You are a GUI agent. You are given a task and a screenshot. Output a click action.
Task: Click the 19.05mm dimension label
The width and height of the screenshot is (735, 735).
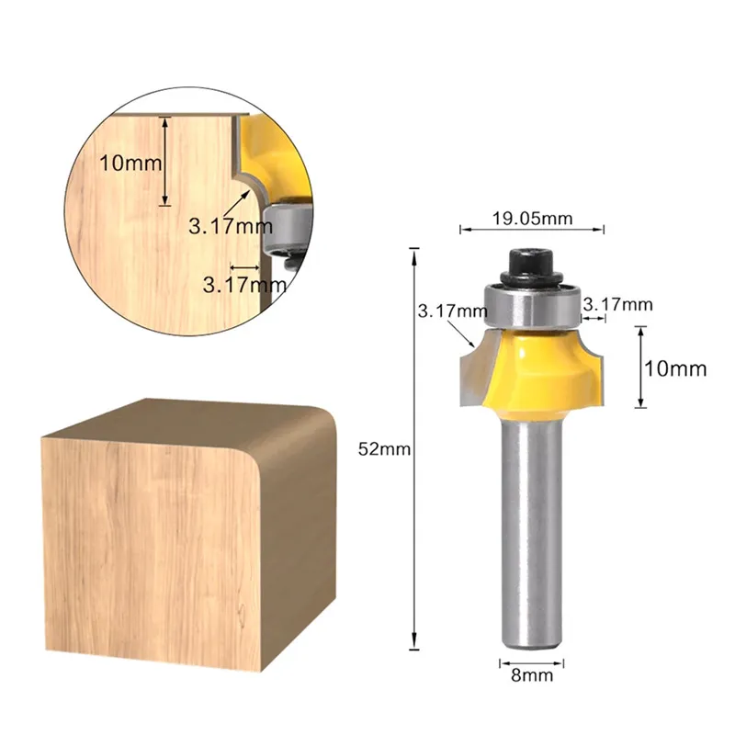[x=532, y=219]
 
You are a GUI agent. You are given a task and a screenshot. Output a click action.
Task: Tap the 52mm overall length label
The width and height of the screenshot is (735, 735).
[x=384, y=449]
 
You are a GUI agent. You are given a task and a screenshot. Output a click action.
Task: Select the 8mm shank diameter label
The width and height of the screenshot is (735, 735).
[x=532, y=675]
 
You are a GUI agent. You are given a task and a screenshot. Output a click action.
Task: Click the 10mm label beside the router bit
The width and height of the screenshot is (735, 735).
[x=675, y=369]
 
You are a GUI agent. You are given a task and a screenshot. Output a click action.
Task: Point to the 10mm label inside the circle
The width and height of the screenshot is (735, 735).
[x=130, y=164]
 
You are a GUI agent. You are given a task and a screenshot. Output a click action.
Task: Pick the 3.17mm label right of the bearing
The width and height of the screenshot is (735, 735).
[x=617, y=305]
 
